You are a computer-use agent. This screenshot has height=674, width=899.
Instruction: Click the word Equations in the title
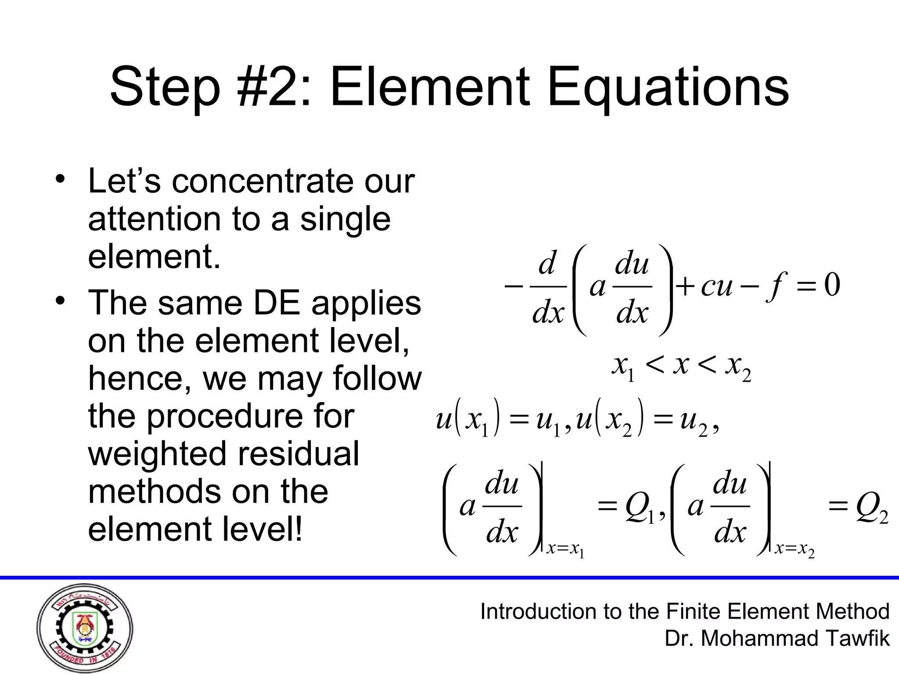point(668,88)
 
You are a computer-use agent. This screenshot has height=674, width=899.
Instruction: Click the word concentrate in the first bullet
point(262,181)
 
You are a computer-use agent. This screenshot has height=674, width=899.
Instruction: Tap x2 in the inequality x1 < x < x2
point(738,366)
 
